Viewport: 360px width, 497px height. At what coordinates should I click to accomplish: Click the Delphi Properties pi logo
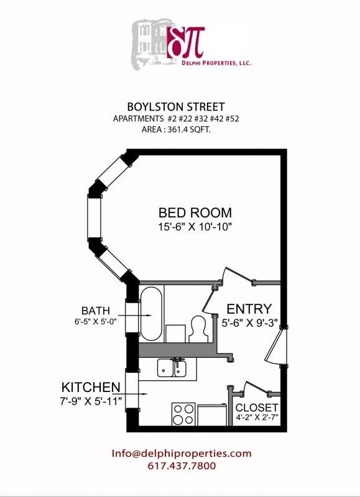(185, 41)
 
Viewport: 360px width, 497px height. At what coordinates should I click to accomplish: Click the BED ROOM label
(195, 213)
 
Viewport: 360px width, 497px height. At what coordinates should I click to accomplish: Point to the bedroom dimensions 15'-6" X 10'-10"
(195, 227)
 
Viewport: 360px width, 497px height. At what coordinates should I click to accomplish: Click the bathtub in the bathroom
(151, 314)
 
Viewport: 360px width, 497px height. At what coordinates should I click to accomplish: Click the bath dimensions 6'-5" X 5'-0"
(96, 322)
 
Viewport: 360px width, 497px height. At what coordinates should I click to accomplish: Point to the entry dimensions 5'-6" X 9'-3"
(249, 323)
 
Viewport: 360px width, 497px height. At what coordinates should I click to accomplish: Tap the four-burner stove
(183, 413)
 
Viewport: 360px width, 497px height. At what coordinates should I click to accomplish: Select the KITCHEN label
(90, 386)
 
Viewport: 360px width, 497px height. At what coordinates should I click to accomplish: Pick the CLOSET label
(257, 408)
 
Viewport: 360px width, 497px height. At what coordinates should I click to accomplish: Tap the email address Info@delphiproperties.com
(182, 454)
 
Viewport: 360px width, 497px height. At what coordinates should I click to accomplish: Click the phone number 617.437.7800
(182, 466)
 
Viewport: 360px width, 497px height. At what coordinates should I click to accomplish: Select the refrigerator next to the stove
(213, 414)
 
